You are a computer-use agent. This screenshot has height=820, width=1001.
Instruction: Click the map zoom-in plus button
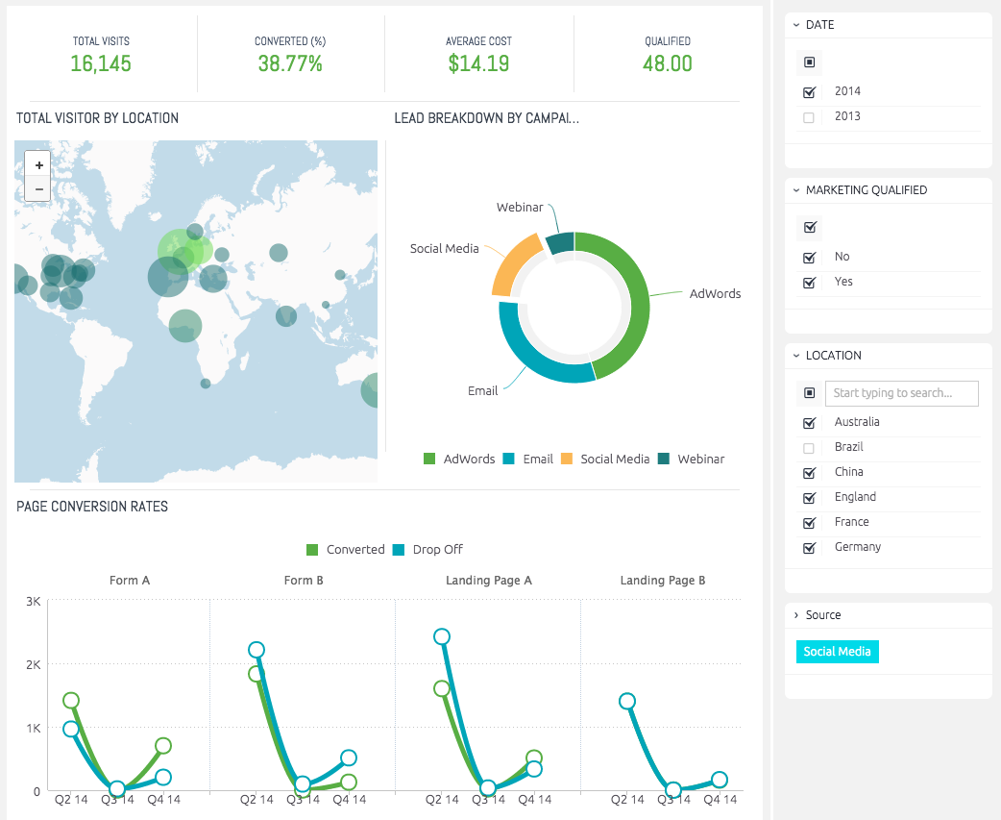pyautogui.click(x=38, y=164)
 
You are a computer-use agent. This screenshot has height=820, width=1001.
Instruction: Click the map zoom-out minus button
pyautogui.click(x=38, y=189)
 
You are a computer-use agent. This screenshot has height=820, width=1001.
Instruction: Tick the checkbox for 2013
pyautogui.click(x=809, y=117)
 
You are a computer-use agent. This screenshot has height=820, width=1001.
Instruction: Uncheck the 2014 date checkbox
pyautogui.click(x=809, y=92)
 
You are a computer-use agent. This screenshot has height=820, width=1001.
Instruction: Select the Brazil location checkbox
pyautogui.click(x=809, y=448)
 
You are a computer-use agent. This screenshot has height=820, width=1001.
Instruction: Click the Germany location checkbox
pyautogui.click(x=809, y=548)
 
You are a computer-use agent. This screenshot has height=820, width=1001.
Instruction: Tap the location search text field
pyautogui.click(x=901, y=393)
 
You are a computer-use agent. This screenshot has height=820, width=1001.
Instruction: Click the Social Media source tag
pyautogui.click(x=837, y=652)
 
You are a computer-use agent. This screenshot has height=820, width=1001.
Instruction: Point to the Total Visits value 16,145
pyautogui.click(x=101, y=63)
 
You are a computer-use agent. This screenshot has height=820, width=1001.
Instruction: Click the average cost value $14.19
pyautogui.click(x=478, y=63)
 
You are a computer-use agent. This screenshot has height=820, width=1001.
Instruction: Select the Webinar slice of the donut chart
pyautogui.click(x=560, y=242)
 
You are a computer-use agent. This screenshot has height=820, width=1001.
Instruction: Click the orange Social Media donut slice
pyautogui.click(x=515, y=263)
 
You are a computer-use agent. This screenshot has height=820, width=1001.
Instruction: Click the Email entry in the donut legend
pyautogui.click(x=528, y=459)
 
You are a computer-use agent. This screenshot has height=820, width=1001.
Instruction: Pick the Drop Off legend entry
pyautogui.click(x=427, y=549)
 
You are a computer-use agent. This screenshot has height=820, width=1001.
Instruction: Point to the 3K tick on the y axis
pyautogui.click(x=34, y=601)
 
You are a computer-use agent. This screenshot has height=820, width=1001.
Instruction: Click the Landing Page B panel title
pyautogui.click(x=663, y=580)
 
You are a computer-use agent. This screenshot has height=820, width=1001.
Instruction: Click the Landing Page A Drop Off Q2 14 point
pyautogui.click(x=442, y=636)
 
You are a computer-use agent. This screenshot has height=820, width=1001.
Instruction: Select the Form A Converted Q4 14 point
pyautogui.click(x=163, y=745)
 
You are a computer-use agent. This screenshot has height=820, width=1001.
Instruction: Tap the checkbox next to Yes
pyautogui.click(x=809, y=283)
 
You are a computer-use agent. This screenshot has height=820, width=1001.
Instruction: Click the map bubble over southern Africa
pyautogui.click(x=206, y=384)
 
